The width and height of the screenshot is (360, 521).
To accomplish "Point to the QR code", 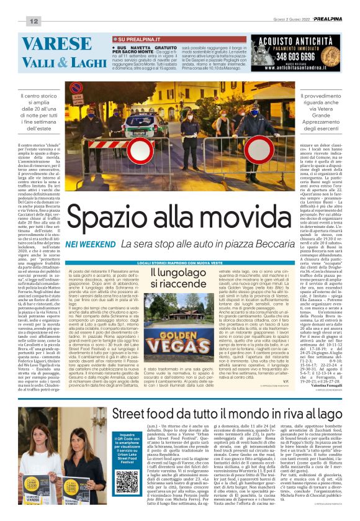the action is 127,463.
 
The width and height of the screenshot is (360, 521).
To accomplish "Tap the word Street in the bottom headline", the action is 133,412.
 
